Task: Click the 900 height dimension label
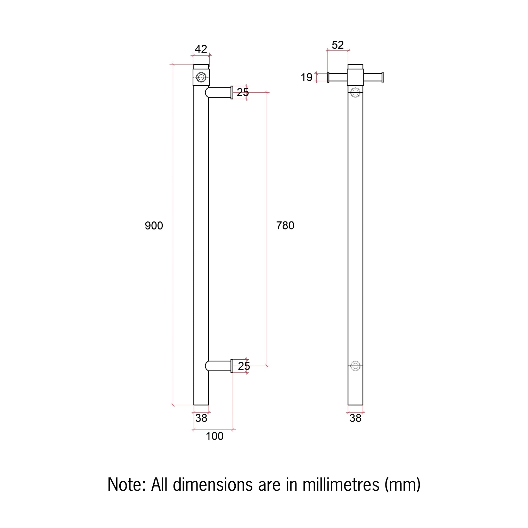point(154,226)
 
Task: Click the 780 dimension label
point(285,226)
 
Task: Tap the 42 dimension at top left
point(201,49)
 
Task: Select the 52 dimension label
point(337,45)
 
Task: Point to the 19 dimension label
point(306,77)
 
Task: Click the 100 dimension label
point(214,436)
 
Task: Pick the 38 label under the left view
point(201,418)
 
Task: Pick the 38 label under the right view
point(355,418)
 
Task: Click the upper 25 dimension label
point(243,92)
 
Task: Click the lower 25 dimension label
point(244,366)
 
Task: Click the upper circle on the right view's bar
point(355,92)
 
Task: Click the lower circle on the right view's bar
point(355,366)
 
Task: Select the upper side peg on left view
point(219,92)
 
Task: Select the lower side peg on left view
point(219,366)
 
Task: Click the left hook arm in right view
point(337,77)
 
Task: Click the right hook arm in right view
point(373,77)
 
